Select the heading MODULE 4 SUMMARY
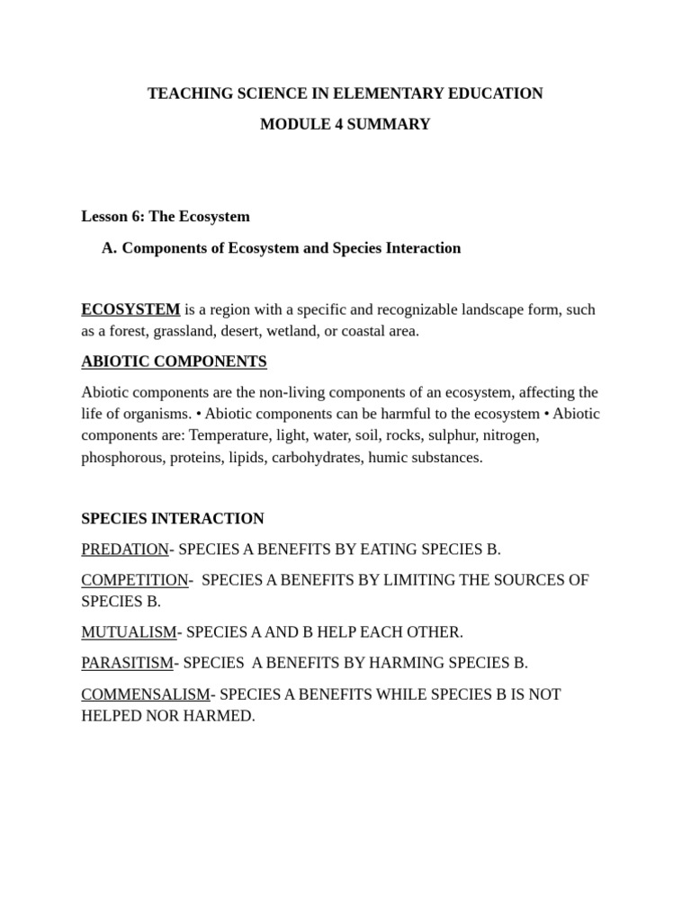coord(345,124)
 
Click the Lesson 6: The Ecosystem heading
coord(166,217)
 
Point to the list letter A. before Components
coord(110,248)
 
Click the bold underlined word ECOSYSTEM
coord(130,309)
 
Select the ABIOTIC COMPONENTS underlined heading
coord(174,362)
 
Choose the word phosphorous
coord(121,457)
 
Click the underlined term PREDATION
coord(125,550)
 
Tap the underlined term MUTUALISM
coord(129,632)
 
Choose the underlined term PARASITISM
coord(127,663)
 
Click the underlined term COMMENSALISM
coord(145,694)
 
